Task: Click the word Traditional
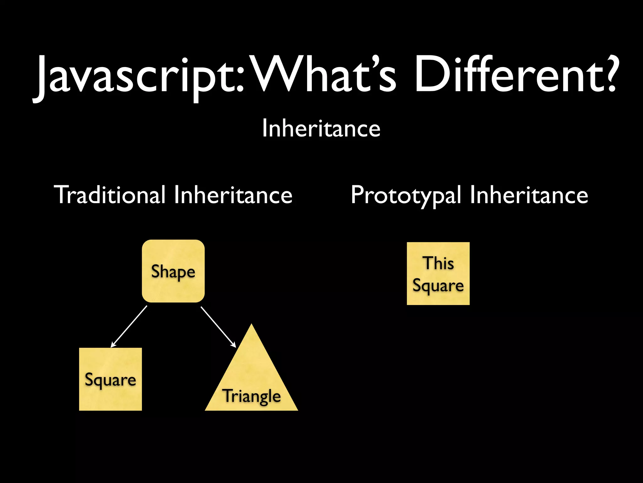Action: [x=110, y=195]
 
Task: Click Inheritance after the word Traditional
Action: [x=233, y=195]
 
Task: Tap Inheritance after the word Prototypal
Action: [x=529, y=195]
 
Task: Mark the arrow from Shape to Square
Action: [x=129, y=327]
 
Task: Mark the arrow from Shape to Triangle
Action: [x=218, y=327]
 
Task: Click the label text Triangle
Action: [x=251, y=396]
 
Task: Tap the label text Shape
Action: [x=173, y=272]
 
